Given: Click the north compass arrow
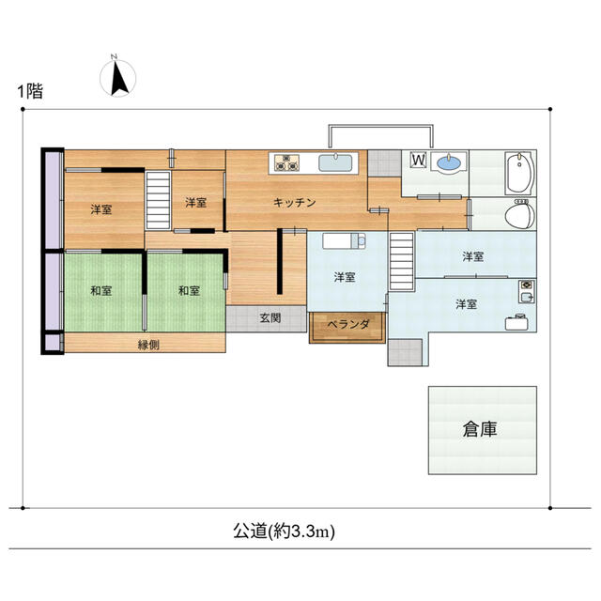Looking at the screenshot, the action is (x=119, y=77).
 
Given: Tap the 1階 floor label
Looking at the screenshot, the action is (x=30, y=91).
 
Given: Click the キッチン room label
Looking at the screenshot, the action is (x=294, y=203).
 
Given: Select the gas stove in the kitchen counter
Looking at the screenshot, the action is (x=286, y=162).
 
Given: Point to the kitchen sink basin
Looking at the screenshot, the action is (x=336, y=162).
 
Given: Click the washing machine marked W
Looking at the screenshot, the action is (x=419, y=160).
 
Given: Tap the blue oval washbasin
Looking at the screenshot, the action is (x=449, y=162).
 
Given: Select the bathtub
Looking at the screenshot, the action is (x=519, y=173).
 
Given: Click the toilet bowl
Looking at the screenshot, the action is (x=519, y=214).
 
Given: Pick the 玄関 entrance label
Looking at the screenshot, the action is (x=270, y=317).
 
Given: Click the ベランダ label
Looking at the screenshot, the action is (x=348, y=325).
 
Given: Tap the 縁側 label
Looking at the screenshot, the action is (x=148, y=345).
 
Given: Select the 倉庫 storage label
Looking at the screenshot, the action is (x=480, y=429).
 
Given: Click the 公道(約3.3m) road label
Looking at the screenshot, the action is (x=284, y=532).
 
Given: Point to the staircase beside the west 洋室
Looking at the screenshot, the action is (x=158, y=200).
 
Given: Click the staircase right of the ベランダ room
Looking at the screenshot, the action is (x=402, y=261).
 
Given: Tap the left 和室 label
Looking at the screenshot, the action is (x=101, y=290).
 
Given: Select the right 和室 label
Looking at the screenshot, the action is (x=189, y=290).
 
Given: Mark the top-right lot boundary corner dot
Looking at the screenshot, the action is (x=550, y=109).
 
